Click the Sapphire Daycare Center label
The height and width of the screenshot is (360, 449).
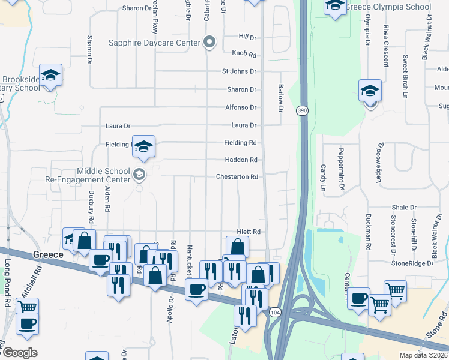click(154, 43)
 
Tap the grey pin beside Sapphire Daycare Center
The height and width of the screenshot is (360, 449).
click(209, 42)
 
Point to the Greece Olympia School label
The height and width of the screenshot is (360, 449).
click(389, 7)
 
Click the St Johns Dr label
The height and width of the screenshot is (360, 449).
click(239, 71)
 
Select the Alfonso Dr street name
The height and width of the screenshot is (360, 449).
click(241, 107)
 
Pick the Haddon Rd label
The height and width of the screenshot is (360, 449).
click(241, 160)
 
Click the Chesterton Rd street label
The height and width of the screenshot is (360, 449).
click(237, 177)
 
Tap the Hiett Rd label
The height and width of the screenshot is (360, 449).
click(248, 232)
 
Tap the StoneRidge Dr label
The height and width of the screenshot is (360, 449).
click(412, 263)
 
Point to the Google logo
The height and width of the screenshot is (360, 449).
click(20, 352)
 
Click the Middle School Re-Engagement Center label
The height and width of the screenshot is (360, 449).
click(88, 175)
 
